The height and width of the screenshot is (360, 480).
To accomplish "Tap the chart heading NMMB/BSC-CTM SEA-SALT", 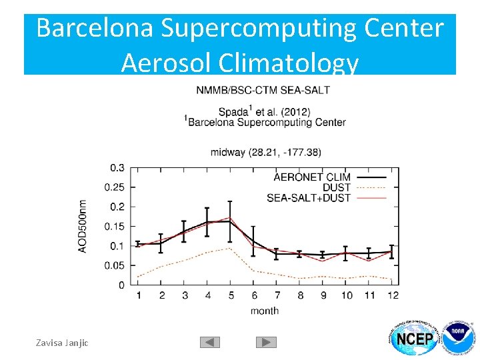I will (263, 90).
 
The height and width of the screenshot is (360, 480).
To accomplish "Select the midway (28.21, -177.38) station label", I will (266, 152).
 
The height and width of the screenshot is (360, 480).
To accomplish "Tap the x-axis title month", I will (265, 311).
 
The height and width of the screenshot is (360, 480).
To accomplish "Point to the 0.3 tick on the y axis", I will (117, 167).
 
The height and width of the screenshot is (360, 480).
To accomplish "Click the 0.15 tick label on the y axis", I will (114, 226).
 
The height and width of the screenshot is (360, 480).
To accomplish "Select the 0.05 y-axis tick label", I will (114, 265).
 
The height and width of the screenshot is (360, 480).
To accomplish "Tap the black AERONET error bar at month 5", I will (230, 220).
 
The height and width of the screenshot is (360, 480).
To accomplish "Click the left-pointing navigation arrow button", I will (209, 342).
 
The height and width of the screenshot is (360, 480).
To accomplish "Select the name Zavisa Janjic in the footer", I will (63, 343).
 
